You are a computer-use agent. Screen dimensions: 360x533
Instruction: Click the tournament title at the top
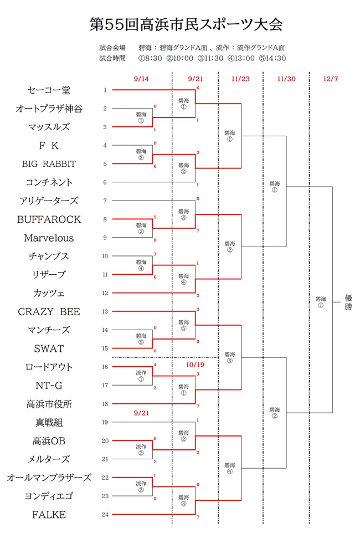(186, 24)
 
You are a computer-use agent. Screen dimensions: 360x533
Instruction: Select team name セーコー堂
(49, 90)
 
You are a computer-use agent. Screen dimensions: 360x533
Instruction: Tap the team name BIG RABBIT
(49, 164)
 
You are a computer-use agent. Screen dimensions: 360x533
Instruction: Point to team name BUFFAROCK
(49, 219)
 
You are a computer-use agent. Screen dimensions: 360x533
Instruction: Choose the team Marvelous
(49, 238)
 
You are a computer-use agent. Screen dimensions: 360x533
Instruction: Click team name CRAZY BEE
(49, 312)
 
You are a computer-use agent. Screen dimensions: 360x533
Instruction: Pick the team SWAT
(49, 348)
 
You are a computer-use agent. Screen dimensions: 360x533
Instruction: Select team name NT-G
(49, 386)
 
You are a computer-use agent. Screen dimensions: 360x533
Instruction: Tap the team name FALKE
(49, 515)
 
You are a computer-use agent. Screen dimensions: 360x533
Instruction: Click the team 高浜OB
(49, 441)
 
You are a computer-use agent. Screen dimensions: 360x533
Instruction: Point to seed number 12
(105, 293)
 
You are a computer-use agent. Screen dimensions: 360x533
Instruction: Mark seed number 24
(105, 515)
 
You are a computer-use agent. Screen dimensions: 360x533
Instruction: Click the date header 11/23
(241, 79)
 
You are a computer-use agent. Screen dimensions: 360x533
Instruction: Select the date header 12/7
(331, 79)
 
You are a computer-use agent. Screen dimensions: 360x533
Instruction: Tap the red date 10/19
(195, 365)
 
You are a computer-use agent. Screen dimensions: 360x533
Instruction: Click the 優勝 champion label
(348, 302)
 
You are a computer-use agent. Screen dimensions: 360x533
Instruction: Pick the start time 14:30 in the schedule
(272, 58)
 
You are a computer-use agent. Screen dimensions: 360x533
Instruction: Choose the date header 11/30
(286, 79)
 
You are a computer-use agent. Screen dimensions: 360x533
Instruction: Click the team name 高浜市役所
(49, 404)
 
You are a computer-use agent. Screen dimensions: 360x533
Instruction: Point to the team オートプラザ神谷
(49, 109)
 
